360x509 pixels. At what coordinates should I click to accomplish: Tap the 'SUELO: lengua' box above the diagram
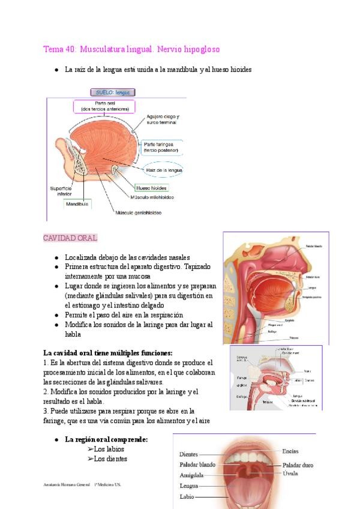click(x=113, y=92)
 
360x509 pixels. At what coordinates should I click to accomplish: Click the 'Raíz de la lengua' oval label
click(x=164, y=170)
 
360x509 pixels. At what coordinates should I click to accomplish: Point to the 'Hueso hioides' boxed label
click(x=150, y=187)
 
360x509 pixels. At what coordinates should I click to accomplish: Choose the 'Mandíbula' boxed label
click(x=77, y=204)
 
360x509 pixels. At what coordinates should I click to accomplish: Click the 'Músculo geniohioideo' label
click(x=138, y=212)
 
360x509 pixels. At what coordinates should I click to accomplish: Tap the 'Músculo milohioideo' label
click(x=152, y=196)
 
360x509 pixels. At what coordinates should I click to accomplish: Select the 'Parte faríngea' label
click(x=161, y=147)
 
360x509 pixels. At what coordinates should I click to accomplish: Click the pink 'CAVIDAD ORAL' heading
click(x=70, y=238)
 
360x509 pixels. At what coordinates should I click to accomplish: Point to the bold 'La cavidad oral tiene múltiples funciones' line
click(x=108, y=353)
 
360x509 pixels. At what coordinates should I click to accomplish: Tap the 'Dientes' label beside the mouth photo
click(x=188, y=454)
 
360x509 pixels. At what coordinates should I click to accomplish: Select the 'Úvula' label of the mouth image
click(x=290, y=474)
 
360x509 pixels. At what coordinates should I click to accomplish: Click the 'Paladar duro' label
click(x=298, y=465)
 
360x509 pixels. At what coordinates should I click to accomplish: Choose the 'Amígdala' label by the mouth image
click(x=191, y=475)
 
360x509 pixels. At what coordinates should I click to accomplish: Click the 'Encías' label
click(x=290, y=451)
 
